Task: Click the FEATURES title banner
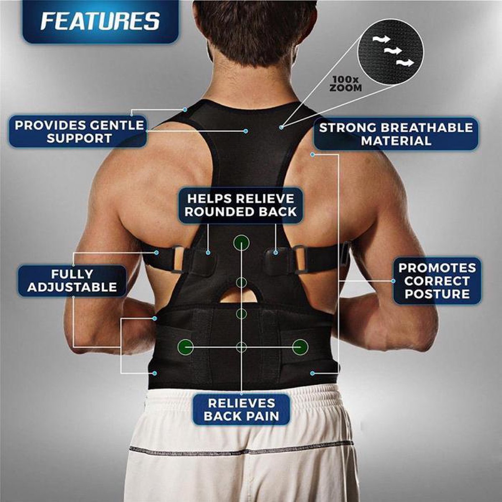coord(100,22)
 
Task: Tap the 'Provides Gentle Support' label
coord(79,132)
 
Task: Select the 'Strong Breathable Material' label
coord(396,134)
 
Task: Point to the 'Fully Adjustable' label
coord(72,281)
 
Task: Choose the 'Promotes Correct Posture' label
coord(437,281)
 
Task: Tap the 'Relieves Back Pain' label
coord(241,410)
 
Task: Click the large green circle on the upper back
coord(241,242)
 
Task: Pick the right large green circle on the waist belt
coord(300,346)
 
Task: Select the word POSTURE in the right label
coord(437,294)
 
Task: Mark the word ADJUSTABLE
coord(72,287)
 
